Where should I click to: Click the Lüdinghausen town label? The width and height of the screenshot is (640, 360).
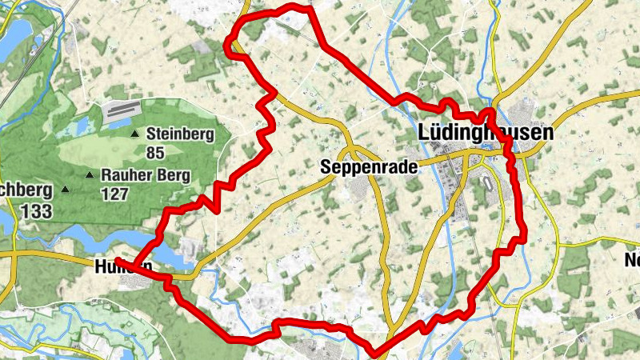[x=485, y=134]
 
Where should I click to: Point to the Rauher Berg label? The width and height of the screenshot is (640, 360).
[x=146, y=174]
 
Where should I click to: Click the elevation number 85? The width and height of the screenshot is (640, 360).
[x=156, y=151]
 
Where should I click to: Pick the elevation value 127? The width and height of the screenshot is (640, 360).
[x=114, y=193]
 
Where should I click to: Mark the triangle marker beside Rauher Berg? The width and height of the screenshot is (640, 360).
[x=90, y=174]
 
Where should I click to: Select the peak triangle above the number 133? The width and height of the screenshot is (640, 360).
[x=66, y=190]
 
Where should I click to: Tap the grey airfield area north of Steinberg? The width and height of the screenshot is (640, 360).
[x=122, y=110]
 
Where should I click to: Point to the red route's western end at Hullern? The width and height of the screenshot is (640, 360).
[x=118, y=261]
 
